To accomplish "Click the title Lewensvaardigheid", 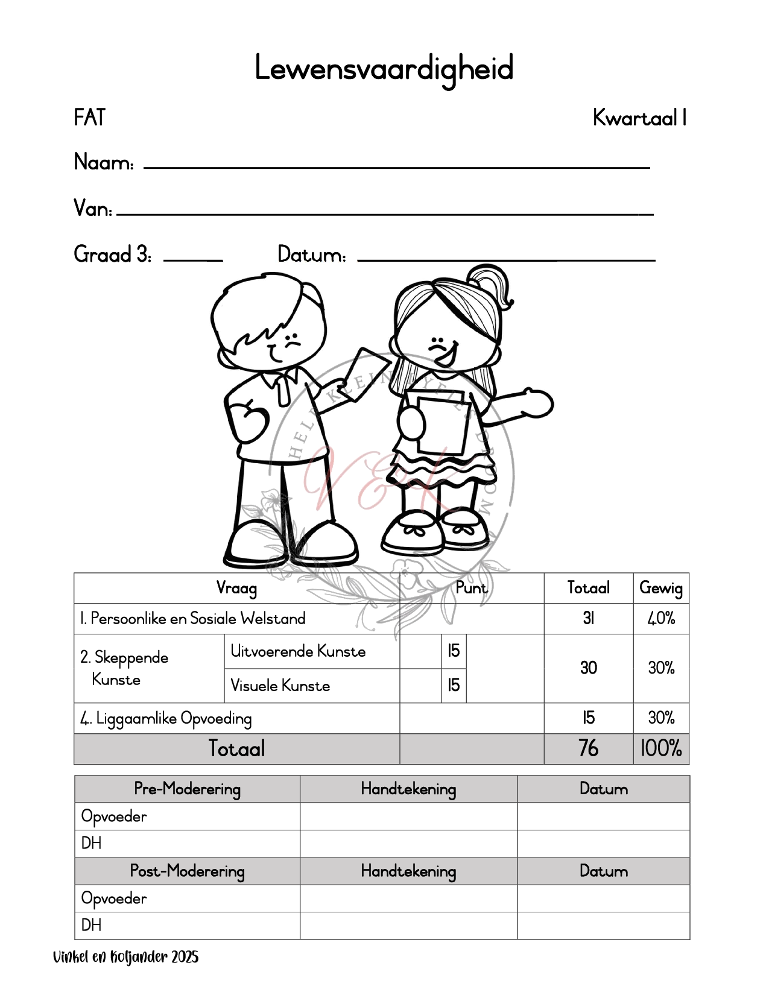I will coord(384,69).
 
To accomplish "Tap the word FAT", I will coord(89,118).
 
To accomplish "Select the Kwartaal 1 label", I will coord(639,118).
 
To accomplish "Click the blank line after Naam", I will coord(396,166).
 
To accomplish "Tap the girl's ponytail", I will coord(492,283).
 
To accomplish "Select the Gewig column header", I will coord(661,588).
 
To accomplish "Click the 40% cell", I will coord(661,619).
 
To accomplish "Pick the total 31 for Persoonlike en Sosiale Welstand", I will coord(588,619).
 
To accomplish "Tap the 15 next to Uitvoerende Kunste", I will coord(454,651).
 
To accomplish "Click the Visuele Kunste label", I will coord(280,686).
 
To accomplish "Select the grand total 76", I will coord(588,748).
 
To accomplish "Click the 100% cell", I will coord(661,748).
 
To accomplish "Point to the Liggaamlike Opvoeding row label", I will coord(166,718).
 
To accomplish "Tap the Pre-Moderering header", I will coord(187,789).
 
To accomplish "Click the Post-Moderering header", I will coord(187,871).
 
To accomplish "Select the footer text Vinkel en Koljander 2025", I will coord(126,957).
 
